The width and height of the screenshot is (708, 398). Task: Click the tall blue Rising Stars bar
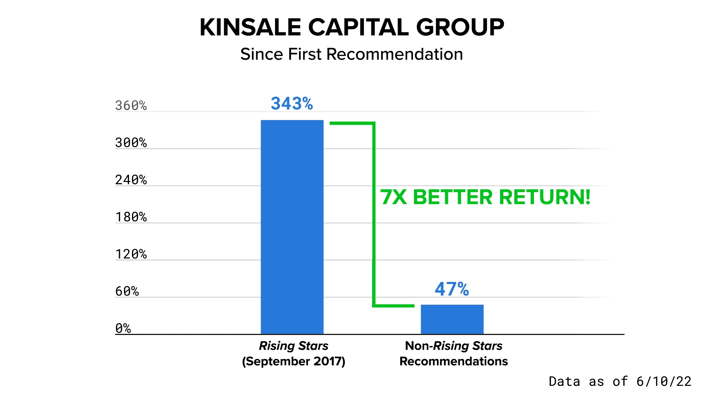[x=292, y=227]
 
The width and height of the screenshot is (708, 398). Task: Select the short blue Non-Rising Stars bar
[x=452, y=320]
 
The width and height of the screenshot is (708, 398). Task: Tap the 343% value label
[x=292, y=104]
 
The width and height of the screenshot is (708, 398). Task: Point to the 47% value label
[x=452, y=289]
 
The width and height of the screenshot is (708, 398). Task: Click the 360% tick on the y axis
[x=131, y=106]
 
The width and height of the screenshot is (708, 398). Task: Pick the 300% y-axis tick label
[x=131, y=143]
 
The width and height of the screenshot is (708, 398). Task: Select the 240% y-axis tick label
[x=131, y=180]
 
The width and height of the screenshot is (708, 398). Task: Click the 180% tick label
[x=131, y=217]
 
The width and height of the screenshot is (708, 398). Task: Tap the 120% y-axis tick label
[x=131, y=254]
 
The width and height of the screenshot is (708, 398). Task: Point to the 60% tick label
[x=127, y=291]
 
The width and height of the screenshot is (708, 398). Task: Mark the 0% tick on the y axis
[x=123, y=328]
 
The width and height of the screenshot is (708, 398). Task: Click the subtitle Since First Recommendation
[x=351, y=54]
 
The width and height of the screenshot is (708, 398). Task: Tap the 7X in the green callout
[x=393, y=197]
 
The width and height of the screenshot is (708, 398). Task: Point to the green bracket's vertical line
[x=374, y=214]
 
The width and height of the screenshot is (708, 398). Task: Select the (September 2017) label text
[x=294, y=361]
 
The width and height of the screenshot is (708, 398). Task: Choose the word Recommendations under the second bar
[x=454, y=361]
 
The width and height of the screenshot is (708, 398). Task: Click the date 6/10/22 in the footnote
[x=664, y=381]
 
